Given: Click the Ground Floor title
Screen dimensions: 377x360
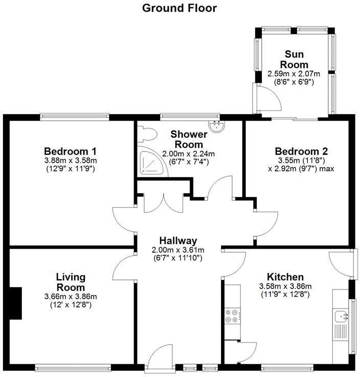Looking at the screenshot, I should (x=179, y=8).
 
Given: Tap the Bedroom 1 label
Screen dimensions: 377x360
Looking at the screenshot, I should (x=71, y=151).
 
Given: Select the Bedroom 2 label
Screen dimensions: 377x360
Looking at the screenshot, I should (x=301, y=151).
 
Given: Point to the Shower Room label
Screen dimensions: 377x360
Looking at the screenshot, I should (x=188, y=139).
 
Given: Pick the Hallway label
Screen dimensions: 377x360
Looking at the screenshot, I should (x=178, y=241).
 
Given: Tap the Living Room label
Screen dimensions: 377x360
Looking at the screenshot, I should (x=71, y=282).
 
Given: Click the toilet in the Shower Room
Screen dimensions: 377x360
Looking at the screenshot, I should (x=148, y=134).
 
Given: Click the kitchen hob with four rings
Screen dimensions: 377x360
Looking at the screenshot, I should (x=231, y=316).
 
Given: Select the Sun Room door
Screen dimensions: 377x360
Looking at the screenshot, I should (x=268, y=97).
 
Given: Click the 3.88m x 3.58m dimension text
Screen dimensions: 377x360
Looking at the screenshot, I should (x=71, y=161).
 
